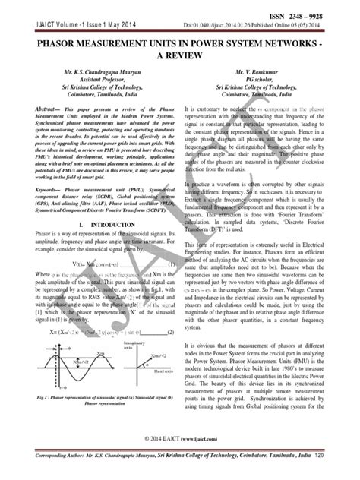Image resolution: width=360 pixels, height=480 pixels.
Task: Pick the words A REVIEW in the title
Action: (179, 56)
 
